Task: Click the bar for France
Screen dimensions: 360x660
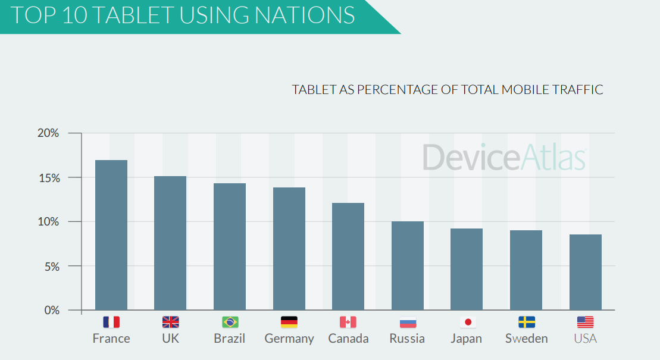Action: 111,235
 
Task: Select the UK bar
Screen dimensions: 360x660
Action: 170,243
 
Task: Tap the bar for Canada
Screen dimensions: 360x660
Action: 348,256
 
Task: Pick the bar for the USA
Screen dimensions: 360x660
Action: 585,272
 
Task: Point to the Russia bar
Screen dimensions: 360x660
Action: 407,265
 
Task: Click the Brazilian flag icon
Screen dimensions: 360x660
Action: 230,322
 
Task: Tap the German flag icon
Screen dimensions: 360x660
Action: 289,322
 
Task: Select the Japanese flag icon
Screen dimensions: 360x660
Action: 467,322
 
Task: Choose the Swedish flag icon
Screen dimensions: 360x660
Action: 527,322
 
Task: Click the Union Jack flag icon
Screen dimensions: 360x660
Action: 170,322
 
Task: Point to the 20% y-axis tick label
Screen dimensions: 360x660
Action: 48,133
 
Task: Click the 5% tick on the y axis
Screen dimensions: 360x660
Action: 51,266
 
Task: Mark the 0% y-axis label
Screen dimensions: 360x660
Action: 51,311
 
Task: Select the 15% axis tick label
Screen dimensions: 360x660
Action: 48,178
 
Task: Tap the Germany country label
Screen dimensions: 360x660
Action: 289,339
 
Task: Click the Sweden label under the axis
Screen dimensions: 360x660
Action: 527,339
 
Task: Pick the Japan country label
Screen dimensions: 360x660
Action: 467,339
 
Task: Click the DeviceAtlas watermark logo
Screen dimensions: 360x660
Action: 505,157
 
